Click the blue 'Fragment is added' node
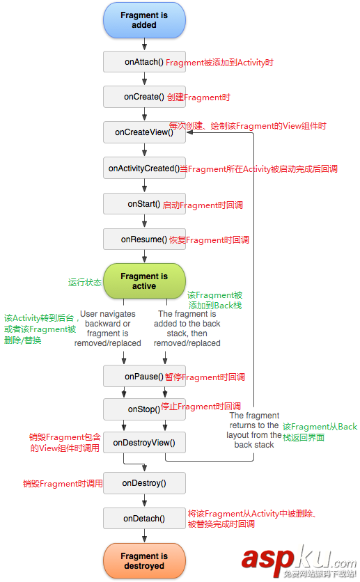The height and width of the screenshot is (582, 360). (144, 20)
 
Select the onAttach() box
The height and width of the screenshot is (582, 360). (144, 62)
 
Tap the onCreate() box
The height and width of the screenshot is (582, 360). (144, 97)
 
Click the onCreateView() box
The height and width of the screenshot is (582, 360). (144, 132)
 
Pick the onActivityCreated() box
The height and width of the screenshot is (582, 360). (144, 168)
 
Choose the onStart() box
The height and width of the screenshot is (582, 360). (144, 204)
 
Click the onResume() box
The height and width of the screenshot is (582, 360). (144, 239)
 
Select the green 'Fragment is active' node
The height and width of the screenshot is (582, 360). (144, 281)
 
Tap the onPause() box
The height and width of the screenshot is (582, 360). (144, 377)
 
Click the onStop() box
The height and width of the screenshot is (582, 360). (144, 409)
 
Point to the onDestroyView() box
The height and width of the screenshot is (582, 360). (144, 442)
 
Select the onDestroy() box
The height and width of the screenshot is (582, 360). (144, 482)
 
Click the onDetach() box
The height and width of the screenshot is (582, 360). (144, 518)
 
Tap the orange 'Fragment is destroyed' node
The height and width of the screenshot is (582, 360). (144, 561)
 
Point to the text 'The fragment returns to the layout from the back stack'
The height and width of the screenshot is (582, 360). (253, 430)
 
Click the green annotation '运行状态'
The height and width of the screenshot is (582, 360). (85, 283)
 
